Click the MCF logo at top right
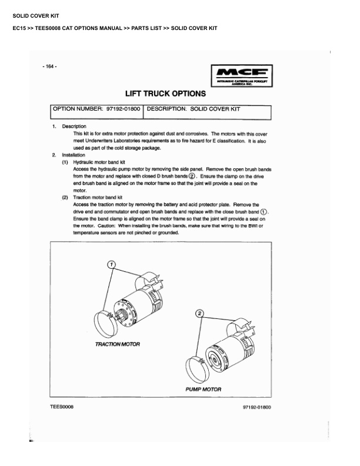point(241,75)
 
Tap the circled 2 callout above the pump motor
point(199,314)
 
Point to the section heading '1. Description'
point(69,127)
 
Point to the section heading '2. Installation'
point(69,154)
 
